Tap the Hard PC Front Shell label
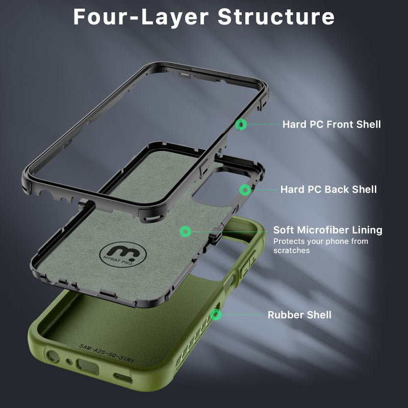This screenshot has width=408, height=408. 331,124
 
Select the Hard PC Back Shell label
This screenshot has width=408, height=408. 328,190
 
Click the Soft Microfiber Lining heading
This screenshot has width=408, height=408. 327,230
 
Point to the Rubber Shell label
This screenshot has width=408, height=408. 299,315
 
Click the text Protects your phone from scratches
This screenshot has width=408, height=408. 320,246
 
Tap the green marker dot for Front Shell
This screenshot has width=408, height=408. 242,124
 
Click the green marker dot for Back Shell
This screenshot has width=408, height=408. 245,190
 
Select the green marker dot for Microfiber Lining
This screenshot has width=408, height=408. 185,232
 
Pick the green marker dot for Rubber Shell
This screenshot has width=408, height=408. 217,314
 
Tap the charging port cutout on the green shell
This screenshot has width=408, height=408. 84,365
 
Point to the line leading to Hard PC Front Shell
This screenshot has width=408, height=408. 263,124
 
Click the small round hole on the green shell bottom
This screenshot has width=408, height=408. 68,362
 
